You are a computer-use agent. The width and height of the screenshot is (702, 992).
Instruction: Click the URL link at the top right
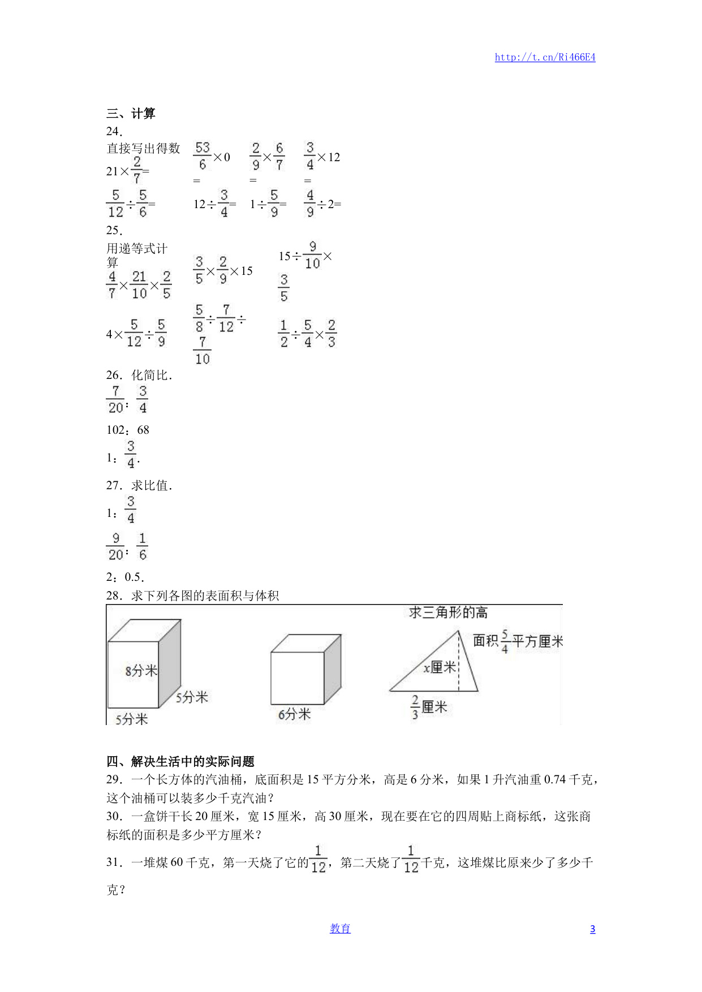pyautogui.click(x=545, y=57)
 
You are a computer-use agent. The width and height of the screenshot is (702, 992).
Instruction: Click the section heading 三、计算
pyautogui.click(x=131, y=114)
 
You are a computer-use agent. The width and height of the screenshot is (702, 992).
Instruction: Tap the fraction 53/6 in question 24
pyautogui.click(x=203, y=156)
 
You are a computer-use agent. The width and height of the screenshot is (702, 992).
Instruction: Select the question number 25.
pyautogui.click(x=114, y=230)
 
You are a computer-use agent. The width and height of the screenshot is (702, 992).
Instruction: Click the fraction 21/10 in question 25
pyautogui.click(x=139, y=284)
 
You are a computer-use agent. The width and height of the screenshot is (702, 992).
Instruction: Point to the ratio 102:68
pyautogui.click(x=128, y=430)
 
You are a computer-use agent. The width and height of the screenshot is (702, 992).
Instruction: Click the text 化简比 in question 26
pyautogui.click(x=151, y=375)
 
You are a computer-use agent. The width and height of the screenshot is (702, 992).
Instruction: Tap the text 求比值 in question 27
pyautogui.click(x=151, y=485)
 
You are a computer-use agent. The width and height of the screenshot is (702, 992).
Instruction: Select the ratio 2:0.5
pyautogui.click(x=125, y=577)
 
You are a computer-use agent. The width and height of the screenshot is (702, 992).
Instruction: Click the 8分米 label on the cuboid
pyautogui.click(x=141, y=671)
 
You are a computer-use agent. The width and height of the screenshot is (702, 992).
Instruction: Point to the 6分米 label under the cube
pyautogui.click(x=294, y=714)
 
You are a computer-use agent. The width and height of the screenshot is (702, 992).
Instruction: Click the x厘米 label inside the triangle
pyautogui.click(x=440, y=667)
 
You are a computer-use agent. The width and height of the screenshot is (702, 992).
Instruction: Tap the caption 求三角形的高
pyautogui.click(x=448, y=613)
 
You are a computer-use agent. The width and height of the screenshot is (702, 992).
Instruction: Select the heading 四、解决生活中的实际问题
pyautogui.click(x=180, y=761)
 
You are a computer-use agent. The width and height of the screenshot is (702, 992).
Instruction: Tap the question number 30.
pyautogui.click(x=114, y=816)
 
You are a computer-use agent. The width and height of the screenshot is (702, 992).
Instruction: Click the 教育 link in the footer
pyautogui.click(x=340, y=929)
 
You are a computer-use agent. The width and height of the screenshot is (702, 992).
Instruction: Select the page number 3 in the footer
pyautogui.click(x=592, y=929)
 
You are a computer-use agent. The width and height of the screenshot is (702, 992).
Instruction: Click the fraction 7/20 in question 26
pyautogui.click(x=116, y=399)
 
